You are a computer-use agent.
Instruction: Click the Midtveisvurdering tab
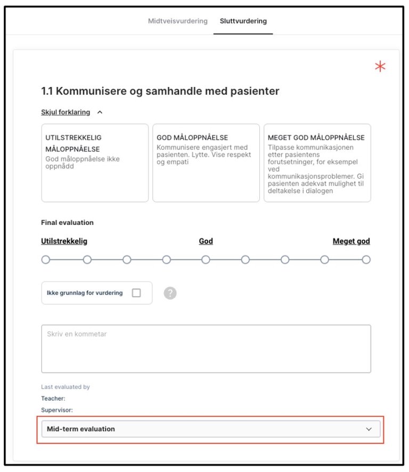177,21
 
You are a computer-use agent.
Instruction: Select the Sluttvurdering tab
243,21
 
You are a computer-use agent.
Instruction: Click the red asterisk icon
380,67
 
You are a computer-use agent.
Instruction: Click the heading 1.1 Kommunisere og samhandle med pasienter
160,91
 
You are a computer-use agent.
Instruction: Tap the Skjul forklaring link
66,112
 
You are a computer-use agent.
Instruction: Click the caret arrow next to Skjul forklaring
100,112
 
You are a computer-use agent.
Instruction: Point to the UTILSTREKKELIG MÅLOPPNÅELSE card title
73,143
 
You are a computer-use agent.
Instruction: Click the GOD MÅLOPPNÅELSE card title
192,138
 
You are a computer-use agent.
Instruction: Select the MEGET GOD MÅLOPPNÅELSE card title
316,138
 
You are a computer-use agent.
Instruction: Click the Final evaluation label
67,223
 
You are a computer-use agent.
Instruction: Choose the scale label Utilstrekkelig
64,241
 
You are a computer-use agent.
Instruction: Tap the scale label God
206,241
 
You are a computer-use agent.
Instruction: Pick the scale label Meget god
351,241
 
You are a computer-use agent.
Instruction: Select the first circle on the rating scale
46,260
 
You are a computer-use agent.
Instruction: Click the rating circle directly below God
206,260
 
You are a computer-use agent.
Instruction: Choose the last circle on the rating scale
366,260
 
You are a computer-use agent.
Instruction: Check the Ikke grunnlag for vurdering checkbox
136,293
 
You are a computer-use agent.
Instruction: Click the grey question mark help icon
170,293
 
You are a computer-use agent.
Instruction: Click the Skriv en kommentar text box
206,349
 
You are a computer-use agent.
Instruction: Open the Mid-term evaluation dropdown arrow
369,429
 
